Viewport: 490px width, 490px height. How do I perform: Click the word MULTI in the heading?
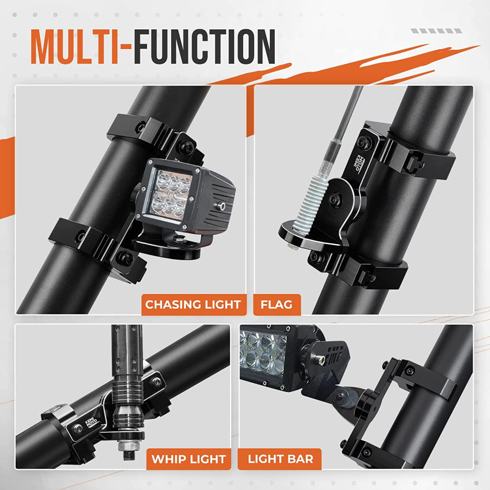coord(75,47)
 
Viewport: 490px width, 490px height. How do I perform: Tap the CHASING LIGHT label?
coord(193,305)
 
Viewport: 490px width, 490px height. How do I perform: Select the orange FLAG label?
coord(276,305)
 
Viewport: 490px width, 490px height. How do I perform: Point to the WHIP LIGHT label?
coord(188,459)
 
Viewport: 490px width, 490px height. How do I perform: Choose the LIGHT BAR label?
coord(280,459)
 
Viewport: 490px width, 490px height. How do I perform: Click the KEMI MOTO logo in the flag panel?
coord(359,162)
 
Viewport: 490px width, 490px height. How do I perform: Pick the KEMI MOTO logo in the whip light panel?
coord(91,423)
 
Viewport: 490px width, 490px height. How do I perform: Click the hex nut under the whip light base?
coord(128,445)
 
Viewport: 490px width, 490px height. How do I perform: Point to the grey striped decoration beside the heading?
coord(436,31)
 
